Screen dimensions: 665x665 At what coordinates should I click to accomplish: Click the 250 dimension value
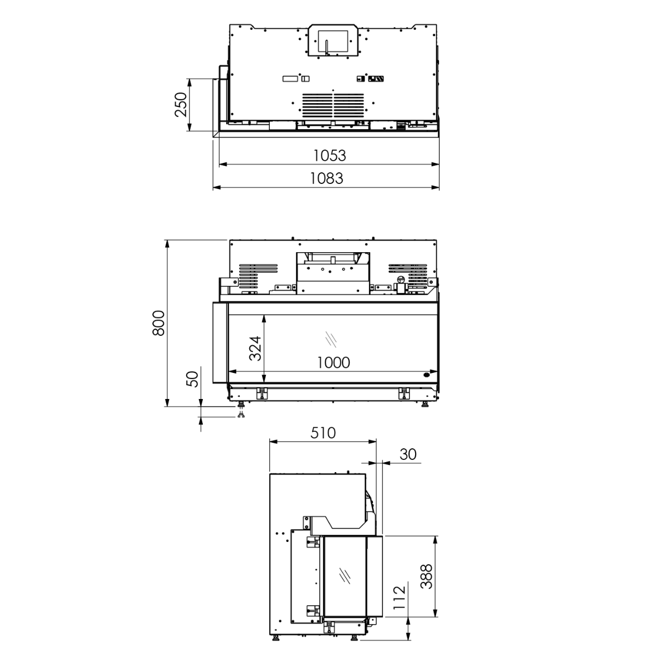click(181, 105)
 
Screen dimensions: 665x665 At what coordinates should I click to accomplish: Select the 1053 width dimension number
click(329, 156)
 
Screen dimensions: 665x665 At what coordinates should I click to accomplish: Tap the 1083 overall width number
click(326, 179)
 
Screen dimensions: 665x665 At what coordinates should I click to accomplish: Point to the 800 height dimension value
click(158, 323)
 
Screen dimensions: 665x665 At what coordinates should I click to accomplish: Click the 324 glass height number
click(255, 348)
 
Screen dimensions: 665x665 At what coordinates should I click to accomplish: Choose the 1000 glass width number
click(334, 362)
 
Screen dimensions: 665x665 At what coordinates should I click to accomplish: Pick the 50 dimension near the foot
click(192, 379)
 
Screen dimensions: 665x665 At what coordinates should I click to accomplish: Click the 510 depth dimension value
click(323, 433)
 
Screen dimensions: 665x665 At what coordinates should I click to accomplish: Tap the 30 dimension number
click(408, 454)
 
